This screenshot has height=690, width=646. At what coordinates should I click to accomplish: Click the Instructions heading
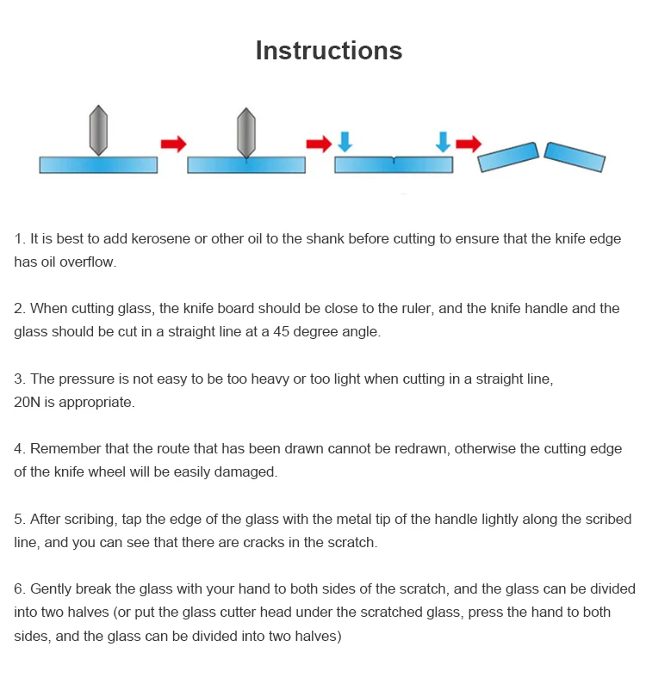[328, 51]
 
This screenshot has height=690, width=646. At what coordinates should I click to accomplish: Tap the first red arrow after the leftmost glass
[173, 144]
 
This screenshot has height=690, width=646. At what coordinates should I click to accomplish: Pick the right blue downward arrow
[444, 141]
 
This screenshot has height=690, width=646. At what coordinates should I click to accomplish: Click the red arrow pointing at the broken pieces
[469, 144]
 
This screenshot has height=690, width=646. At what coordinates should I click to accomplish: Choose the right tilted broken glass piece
[575, 157]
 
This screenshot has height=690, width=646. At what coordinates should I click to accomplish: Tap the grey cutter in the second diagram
[246, 133]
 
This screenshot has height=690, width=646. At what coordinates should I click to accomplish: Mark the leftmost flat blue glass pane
[98, 164]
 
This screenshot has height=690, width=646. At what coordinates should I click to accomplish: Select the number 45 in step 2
[282, 331]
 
